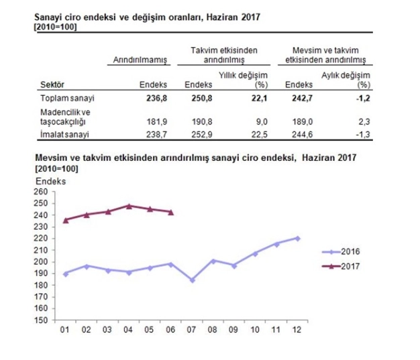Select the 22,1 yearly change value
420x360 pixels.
(x=258, y=99)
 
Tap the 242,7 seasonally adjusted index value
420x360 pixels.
(x=301, y=99)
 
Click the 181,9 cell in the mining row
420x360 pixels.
(x=156, y=121)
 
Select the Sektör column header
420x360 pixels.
(x=52, y=85)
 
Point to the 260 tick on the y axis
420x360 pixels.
(x=41, y=192)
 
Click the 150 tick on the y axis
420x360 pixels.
(x=41, y=320)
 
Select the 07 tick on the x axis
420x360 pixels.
(x=193, y=330)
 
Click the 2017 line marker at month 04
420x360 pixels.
(x=129, y=206)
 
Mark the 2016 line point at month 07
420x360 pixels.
(x=193, y=280)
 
